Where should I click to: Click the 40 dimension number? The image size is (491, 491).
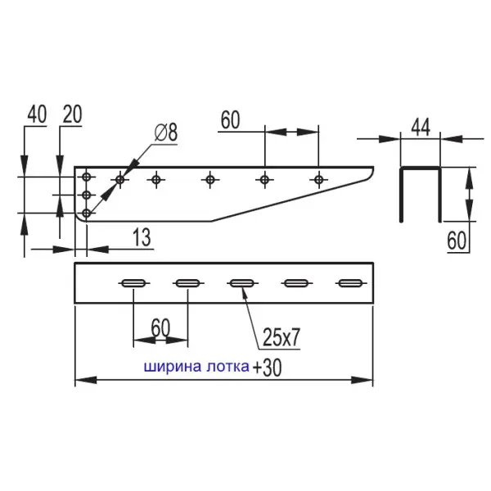pos(36,115)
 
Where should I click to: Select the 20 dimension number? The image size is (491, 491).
pos(72,115)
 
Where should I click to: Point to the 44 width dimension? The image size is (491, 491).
pos(421,126)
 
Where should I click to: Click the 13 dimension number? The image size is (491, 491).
pos(141,238)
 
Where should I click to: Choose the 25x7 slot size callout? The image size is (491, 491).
pos(282,336)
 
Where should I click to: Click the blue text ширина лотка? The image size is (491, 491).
pos(196,367)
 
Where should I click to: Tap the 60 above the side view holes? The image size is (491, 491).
pos(230,120)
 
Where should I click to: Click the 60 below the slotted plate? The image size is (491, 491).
pos(160,328)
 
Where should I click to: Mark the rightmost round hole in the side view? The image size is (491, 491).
pos(319,178)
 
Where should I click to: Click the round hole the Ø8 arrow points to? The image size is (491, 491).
pos(120,178)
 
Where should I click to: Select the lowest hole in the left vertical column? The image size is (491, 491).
pos(88,213)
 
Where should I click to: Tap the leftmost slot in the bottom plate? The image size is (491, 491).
pos(134,284)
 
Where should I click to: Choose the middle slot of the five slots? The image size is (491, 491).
pos(241,284)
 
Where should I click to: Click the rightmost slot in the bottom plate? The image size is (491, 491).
pos(349,284)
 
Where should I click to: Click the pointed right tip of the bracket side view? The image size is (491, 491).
pos(372,170)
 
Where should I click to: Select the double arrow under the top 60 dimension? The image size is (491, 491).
pos(291,131)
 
